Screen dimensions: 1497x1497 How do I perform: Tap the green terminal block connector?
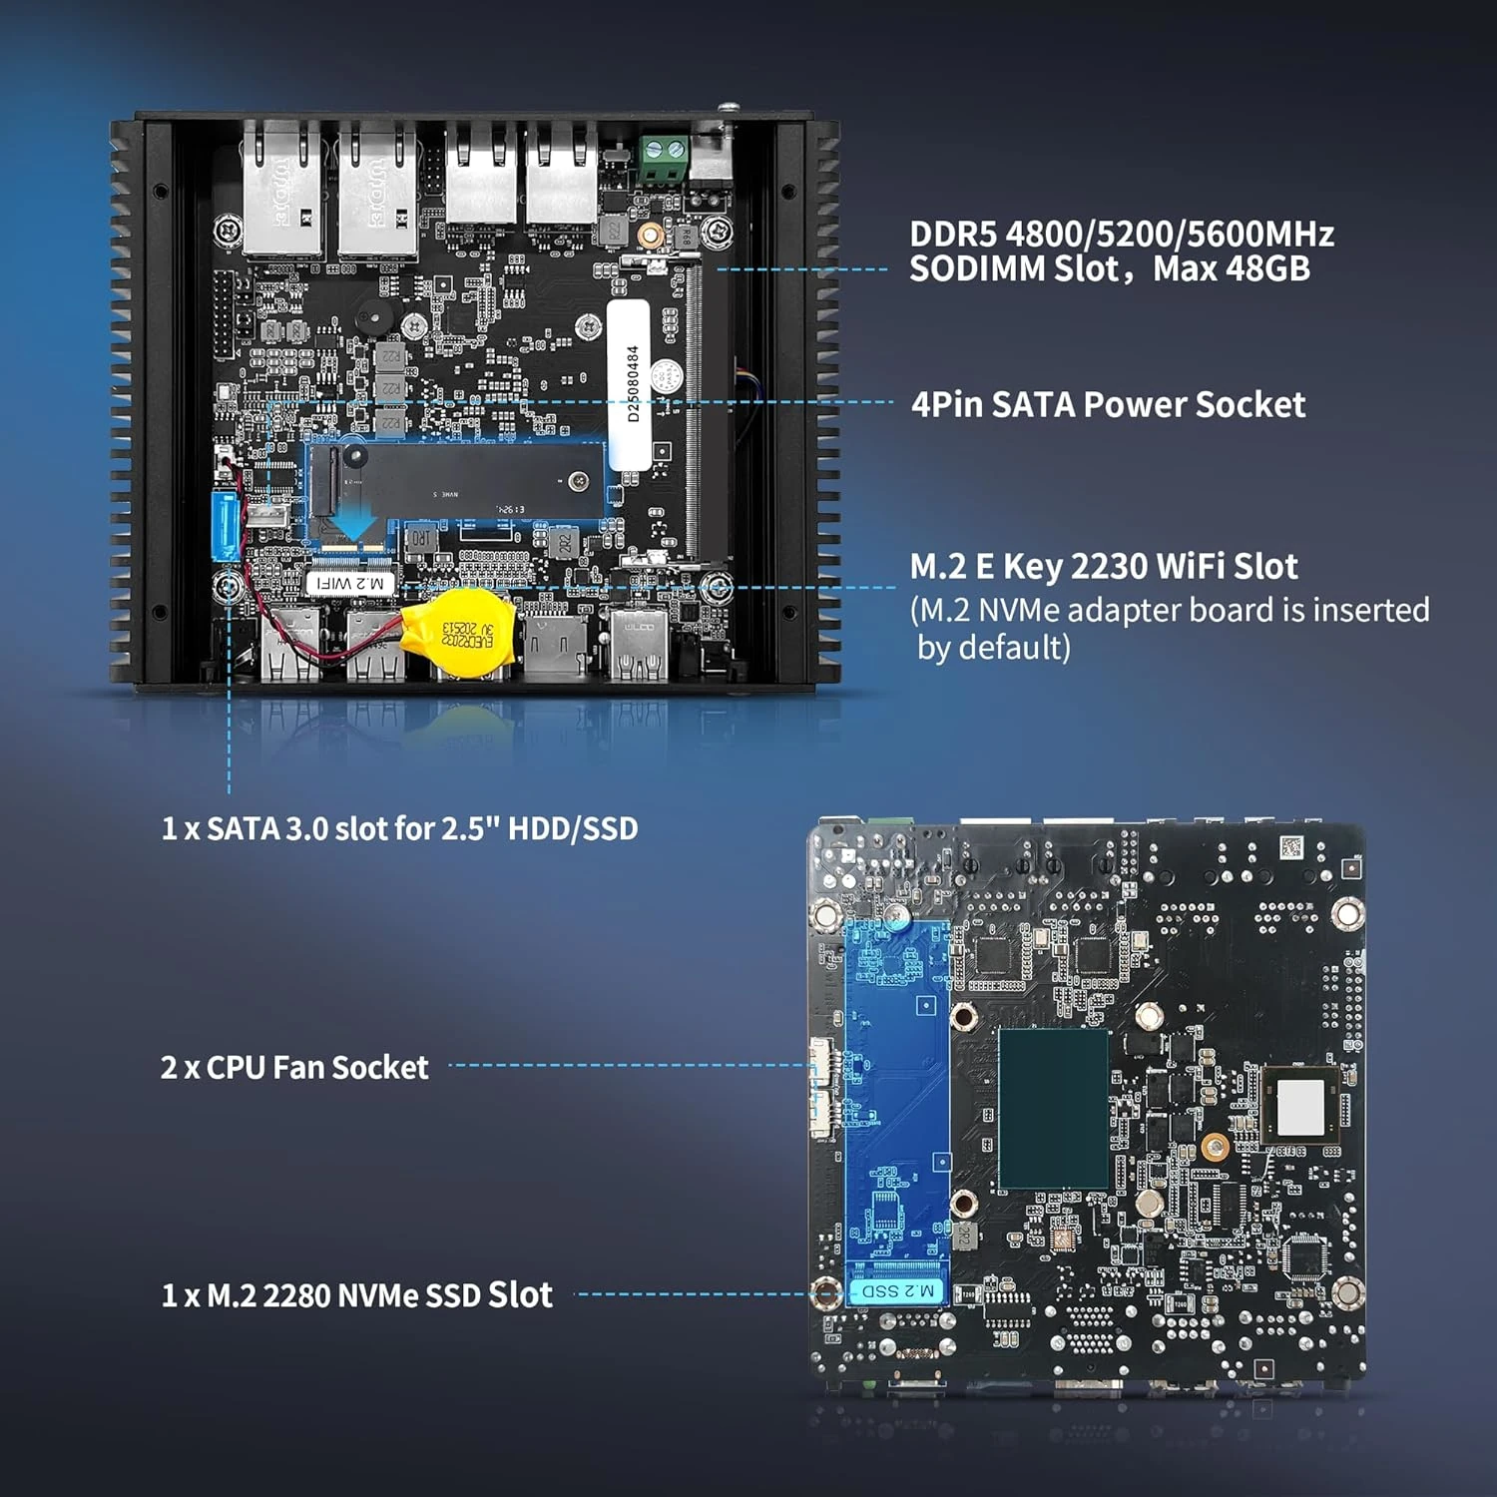663,159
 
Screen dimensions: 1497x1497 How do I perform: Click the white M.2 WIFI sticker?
349,583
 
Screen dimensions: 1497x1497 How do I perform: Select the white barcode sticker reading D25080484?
630,384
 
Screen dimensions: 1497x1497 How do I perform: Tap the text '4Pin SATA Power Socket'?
1108,404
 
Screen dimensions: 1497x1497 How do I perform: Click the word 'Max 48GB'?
1232,269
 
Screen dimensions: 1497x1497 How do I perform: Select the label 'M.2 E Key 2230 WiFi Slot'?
1103,567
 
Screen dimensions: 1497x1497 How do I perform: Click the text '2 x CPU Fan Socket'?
294,1067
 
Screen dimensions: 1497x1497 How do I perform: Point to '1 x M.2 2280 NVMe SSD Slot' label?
356,1295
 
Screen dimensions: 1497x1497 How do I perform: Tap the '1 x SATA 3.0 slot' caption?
399,828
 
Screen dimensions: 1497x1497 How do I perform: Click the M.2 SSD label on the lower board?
896,1291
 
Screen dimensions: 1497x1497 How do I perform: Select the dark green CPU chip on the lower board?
1053,1108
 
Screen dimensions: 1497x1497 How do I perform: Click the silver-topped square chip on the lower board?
1299,1106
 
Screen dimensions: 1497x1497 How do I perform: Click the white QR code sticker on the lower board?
1291,847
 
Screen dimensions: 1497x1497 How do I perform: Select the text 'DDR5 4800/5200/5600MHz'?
1121,235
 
